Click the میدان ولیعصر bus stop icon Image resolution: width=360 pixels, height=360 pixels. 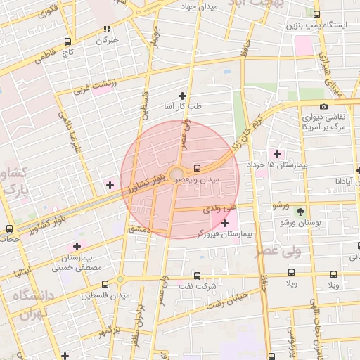pos(197,168)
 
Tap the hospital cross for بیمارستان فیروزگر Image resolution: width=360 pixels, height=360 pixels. pos(224,223)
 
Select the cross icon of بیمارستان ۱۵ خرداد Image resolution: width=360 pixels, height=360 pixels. pos(277,154)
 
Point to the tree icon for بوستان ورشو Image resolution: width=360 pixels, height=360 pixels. pos(301,212)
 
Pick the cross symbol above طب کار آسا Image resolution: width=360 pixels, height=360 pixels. pos(183,96)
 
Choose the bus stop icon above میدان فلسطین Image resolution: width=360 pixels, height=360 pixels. pos(105,285)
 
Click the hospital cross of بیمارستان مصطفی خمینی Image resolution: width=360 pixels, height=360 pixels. pos(77,246)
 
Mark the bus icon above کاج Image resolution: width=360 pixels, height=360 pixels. pos(67,41)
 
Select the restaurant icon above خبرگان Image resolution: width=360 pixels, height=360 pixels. pos(107,30)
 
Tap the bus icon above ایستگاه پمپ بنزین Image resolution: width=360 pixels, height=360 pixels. pos(316,14)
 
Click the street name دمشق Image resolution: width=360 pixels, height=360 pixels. pos(140,229)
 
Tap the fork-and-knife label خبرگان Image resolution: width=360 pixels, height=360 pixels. pos(106,41)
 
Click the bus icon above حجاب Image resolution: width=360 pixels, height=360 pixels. pos(9,229)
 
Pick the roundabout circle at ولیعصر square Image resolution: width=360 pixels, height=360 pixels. pos(176,173)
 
